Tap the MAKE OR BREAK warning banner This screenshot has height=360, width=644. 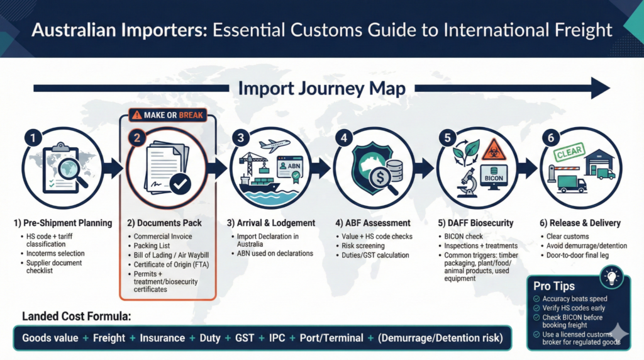168,115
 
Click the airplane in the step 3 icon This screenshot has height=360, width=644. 274,145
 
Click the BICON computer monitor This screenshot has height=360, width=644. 495,176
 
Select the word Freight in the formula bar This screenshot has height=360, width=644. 109,339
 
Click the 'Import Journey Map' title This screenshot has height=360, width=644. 321,88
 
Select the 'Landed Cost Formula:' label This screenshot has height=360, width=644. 76,316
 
